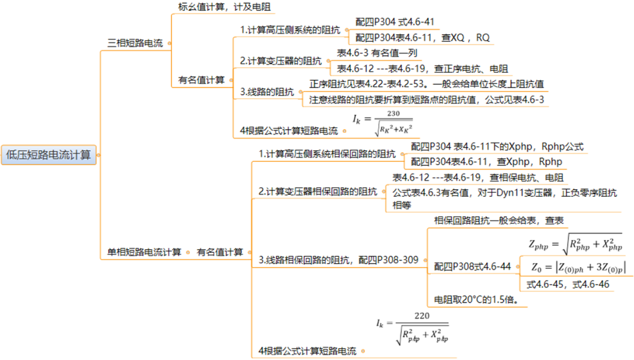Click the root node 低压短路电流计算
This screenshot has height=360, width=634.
click(x=48, y=155)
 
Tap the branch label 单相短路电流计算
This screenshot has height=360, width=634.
click(x=144, y=252)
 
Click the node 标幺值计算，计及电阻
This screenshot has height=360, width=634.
click(x=224, y=7)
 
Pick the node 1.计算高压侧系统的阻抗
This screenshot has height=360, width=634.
click(x=290, y=30)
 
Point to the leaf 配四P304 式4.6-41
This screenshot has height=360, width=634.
click(x=395, y=22)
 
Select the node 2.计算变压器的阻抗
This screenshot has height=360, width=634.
click(x=281, y=61)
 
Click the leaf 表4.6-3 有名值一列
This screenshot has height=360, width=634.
click(x=377, y=53)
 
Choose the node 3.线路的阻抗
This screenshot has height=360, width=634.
click(x=267, y=92)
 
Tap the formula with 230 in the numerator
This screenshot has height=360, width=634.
click(x=383, y=123)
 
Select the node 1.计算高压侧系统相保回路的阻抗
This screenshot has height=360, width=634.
click(x=327, y=154)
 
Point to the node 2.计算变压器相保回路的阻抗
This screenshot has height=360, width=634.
click(x=317, y=192)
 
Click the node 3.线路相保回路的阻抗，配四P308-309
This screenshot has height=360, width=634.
click(x=339, y=260)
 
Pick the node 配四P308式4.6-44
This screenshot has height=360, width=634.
click(x=472, y=266)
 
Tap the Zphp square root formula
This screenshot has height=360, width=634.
click(x=575, y=243)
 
